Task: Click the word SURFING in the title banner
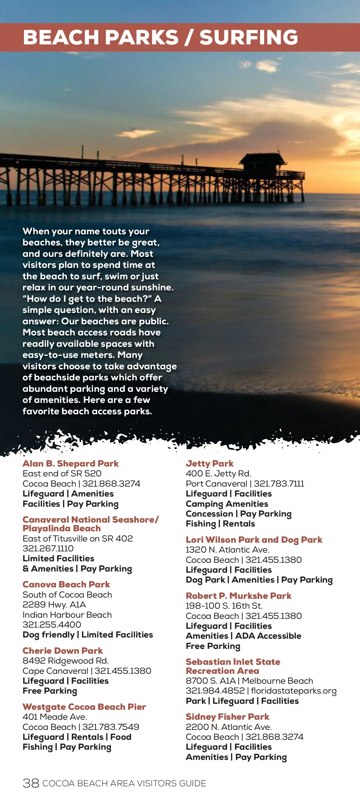[x=248, y=37]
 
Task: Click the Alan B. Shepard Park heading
[x=70, y=463]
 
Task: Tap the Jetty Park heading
[x=209, y=463]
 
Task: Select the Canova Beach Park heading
[x=66, y=584]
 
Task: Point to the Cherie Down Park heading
[x=63, y=651]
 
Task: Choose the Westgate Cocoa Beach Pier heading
[x=84, y=707]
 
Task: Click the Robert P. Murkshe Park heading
[x=238, y=595]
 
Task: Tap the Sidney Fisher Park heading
[x=227, y=717]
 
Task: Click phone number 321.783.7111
[x=279, y=484]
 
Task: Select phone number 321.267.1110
[x=48, y=548]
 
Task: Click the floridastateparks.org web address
[x=294, y=691]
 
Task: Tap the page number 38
[x=31, y=783]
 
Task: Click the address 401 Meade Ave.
[x=55, y=717]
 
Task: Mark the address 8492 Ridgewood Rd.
[x=65, y=661]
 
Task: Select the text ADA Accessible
[x=268, y=636]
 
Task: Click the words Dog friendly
[x=48, y=634]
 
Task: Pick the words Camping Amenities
[x=227, y=504]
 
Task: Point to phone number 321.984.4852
[x=215, y=691]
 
